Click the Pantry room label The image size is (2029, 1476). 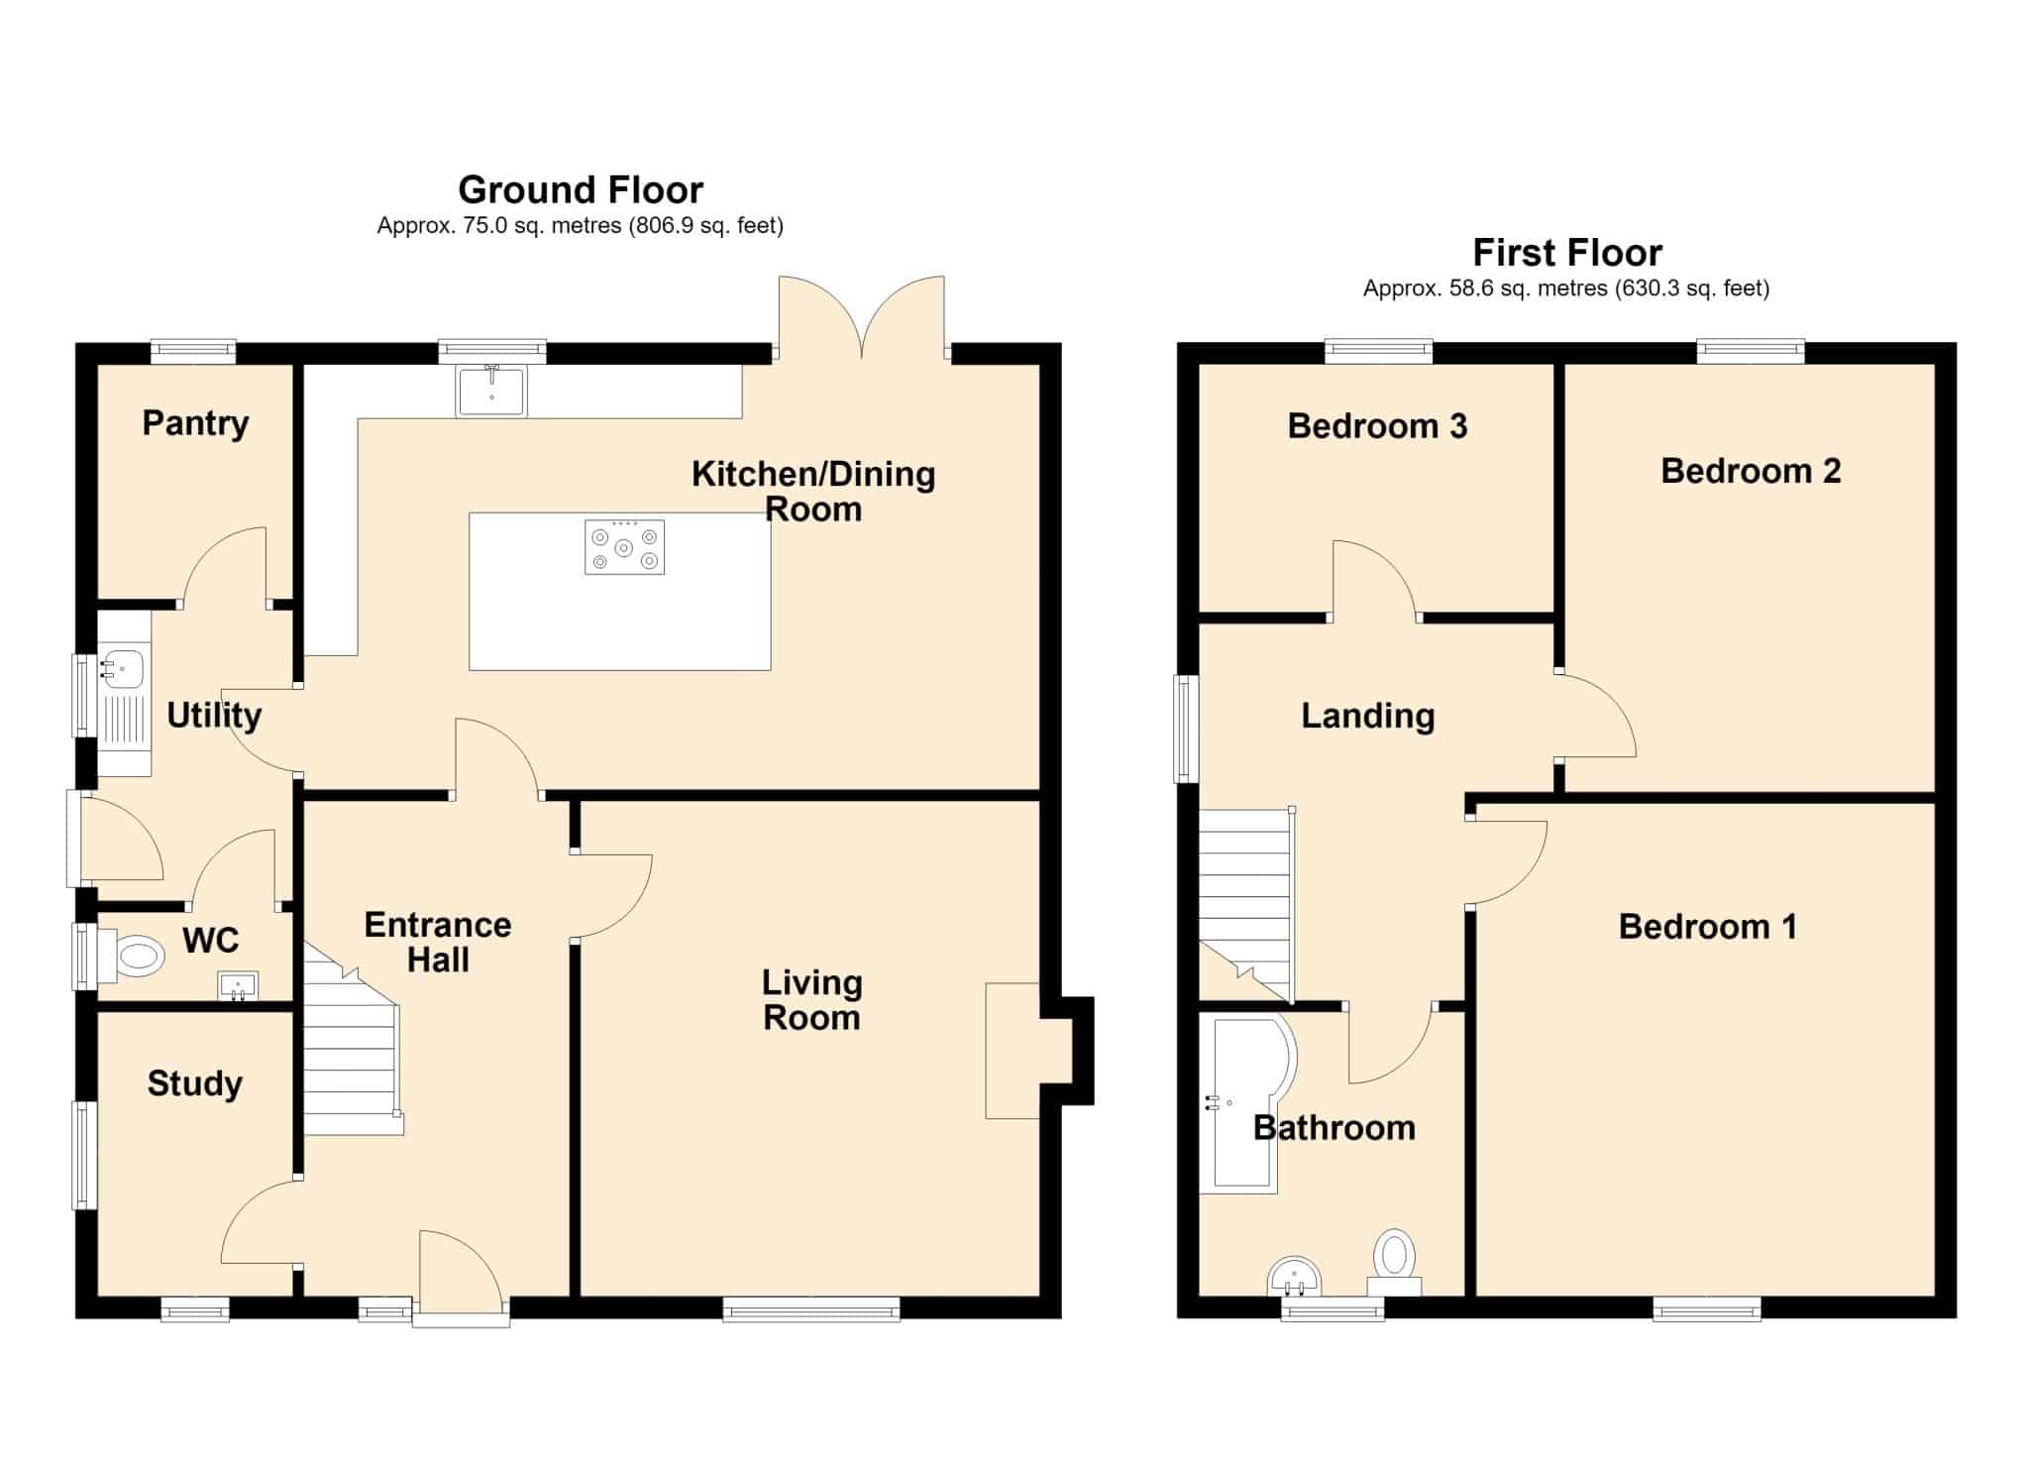click(195, 423)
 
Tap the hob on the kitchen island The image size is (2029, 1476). click(624, 547)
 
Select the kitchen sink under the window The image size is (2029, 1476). click(491, 391)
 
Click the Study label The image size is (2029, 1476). click(195, 1083)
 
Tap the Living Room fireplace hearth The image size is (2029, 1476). click(1013, 1051)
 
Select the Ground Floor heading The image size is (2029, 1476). click(581, 189)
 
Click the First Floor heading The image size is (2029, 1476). click(1567, 253)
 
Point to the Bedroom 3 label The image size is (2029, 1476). click(1377, 426)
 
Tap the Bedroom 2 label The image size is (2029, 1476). click(1751, 471)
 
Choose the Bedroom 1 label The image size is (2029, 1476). click(1708, 927)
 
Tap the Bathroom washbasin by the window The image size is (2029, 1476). click(1295, 1277)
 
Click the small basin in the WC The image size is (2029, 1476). click(238, 986)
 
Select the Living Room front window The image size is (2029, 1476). click(811, 1309)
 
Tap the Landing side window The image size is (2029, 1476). click(1187, 729)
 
